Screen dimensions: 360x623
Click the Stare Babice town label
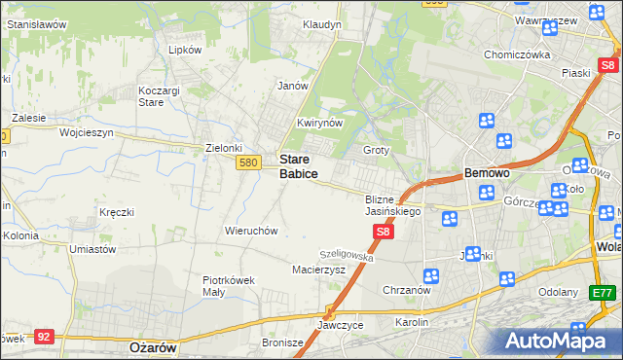point(298,165)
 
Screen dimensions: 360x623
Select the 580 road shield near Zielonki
point(247,162)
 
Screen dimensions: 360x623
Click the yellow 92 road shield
point(43,336)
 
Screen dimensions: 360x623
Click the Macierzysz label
point(319,270)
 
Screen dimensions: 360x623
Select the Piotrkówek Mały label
point(229,284)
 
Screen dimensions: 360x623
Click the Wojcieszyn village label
point(87,131)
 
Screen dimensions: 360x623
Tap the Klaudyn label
point(321,24)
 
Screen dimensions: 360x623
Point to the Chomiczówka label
point(518,54)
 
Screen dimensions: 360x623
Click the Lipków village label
point(185,49)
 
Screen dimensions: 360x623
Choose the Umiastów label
point(93,249)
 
